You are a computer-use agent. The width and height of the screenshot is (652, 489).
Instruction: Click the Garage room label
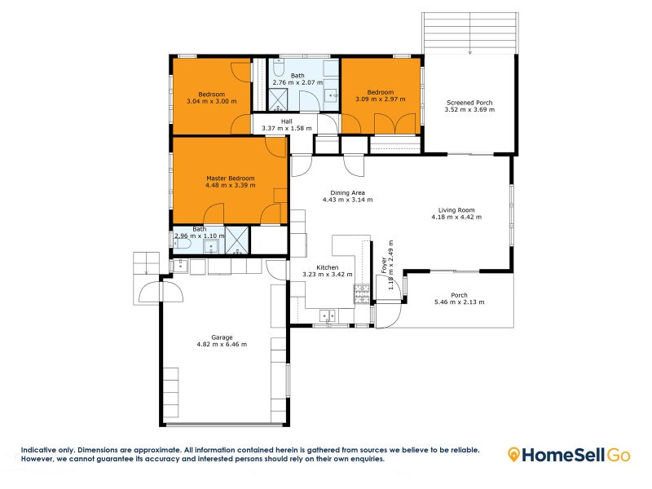pyautogui.click(x=222, y=337)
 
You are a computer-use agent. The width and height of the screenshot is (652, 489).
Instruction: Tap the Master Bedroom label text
pyautogui.click(x=231, y=178)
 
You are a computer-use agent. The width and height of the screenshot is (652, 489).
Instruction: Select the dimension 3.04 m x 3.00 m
pyautogui.click(x=205, y=102)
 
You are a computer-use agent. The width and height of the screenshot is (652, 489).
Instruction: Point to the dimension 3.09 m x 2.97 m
pyautogui.click(x=380, y=99)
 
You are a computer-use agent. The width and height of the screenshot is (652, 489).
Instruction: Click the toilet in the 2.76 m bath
pyautogui.click(x=330, y=68)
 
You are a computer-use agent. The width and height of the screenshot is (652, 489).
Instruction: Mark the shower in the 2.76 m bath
pyautogui.click(x=280, y=99)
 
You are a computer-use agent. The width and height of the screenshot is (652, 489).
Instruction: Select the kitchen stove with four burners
pyautogui.click(x=361, y=293)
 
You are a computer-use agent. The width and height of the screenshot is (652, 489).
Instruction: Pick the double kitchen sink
pyautogui.click(x=328, y=315)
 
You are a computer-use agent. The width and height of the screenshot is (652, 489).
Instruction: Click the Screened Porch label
pyautogui.click(x=469, y=103)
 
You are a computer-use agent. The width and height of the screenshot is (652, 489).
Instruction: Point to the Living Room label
pyautogui.click(x=456, y=209)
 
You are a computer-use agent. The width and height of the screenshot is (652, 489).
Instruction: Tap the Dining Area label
pyautogui.click(x=347, y=193)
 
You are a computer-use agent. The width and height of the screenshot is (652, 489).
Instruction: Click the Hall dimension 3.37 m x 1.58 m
pyautogui.click(x=287, y=129)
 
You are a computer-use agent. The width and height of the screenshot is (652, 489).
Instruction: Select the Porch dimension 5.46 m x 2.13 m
pyautogui.click(x=459, y=302)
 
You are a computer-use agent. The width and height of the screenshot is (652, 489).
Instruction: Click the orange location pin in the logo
pyautogui.click(x=515, y=454)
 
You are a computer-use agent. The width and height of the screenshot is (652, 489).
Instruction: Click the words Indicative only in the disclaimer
pyautogui.click(x=46, y=450)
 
